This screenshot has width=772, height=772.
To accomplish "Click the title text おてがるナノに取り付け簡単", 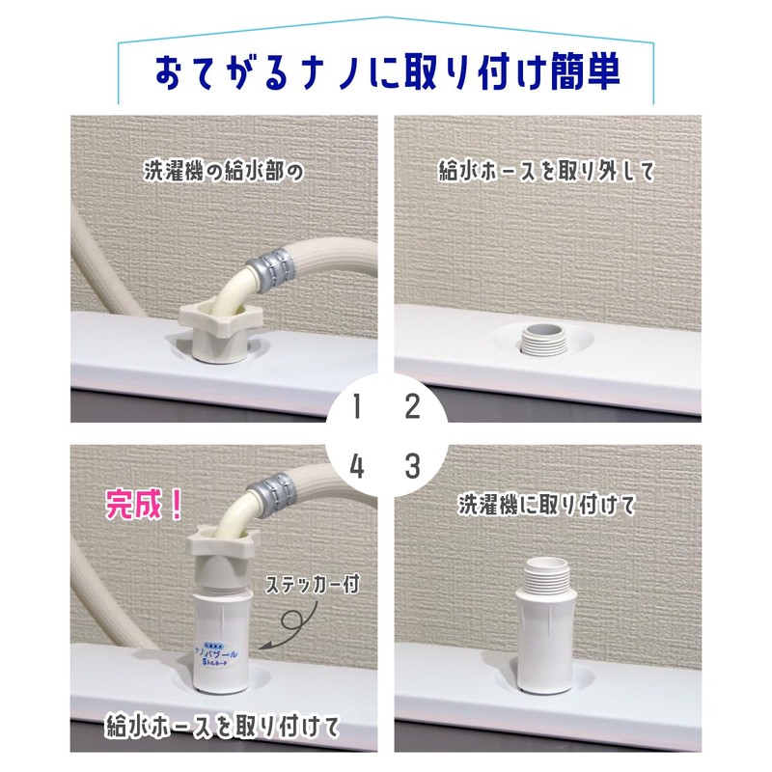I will pyautogui.click(x=385, y=73).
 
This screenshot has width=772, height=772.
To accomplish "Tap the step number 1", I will pyautogui.click(x=358, y=407).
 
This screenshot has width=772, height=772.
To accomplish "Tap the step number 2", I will pyautogui.click(x=412, y=407).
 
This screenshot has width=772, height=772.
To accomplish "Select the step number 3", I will pyautogui.click(x=412, y=467).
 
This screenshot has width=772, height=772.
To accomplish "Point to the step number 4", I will pyautogui.click(x=358, y=467).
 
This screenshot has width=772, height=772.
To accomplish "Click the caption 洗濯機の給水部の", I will pyautogui.click(x=223, y=174).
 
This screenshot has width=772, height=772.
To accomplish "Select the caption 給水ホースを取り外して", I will pyautogui.click(x=546, y=174).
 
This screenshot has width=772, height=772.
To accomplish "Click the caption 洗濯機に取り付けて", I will pyautogui.click(x=546, y=504).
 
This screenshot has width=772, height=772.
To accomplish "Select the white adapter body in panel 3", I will pyautogui.click(x=547, y=642).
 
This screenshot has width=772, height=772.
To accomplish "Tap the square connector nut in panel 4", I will pyautogui.click(x=221, y=546).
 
